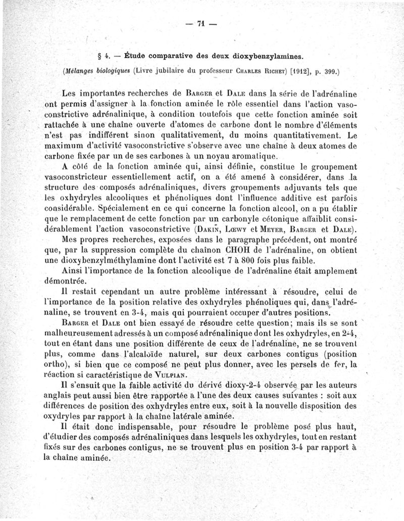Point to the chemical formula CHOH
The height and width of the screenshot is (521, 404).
[254, 250]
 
